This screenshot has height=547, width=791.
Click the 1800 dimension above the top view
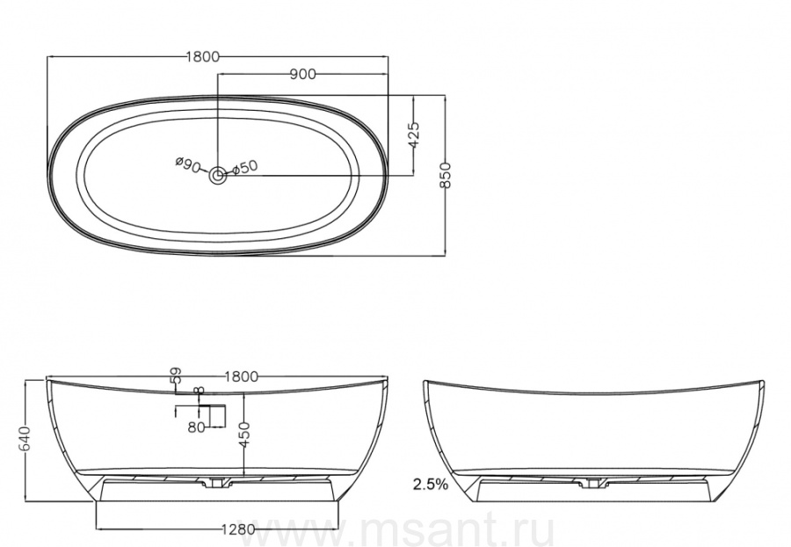203,56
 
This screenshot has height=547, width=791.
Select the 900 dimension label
302,74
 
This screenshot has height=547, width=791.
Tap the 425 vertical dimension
414,135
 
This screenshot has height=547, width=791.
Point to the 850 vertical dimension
445,175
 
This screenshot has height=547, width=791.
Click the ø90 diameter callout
188,164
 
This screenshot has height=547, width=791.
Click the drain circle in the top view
218,176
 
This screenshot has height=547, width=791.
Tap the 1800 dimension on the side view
242,376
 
